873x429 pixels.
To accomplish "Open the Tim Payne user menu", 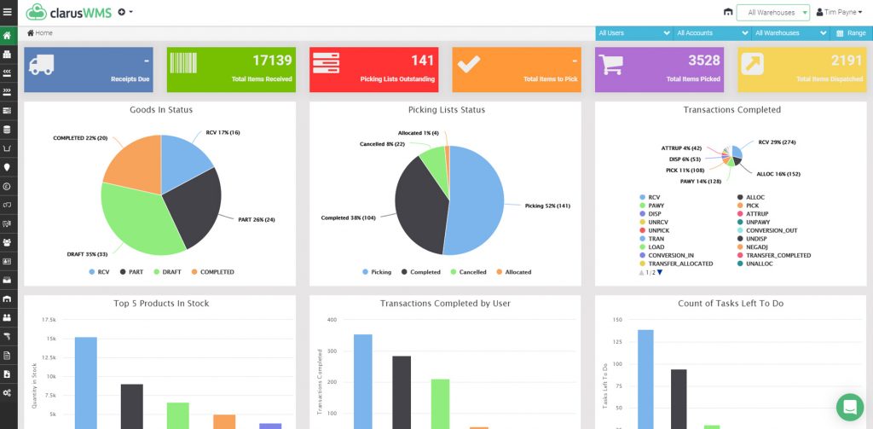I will pyautogui.click(x=839, y=13).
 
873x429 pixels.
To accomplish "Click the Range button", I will pyautogui.click(x=851, y=33).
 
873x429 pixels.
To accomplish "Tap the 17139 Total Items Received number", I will pyautogui.click(x=272, y=61).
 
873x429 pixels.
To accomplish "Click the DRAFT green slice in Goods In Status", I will pyautogui.click(x=141, y=222).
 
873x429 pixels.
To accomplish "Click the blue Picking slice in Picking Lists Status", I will pyautogui.click(x=477, y=200).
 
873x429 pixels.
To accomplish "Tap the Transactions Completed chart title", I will pyautogui.click(x=731, y=110).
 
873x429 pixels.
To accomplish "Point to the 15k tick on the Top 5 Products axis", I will pyautogui.click(x=51, y=339).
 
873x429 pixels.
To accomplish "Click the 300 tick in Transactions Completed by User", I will pyautogui.click(x=332, y=351).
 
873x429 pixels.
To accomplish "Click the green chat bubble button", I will pyautogui.click(x=849, y=407).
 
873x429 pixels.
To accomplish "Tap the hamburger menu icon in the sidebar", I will pyautogui.click(x=8, y=12).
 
